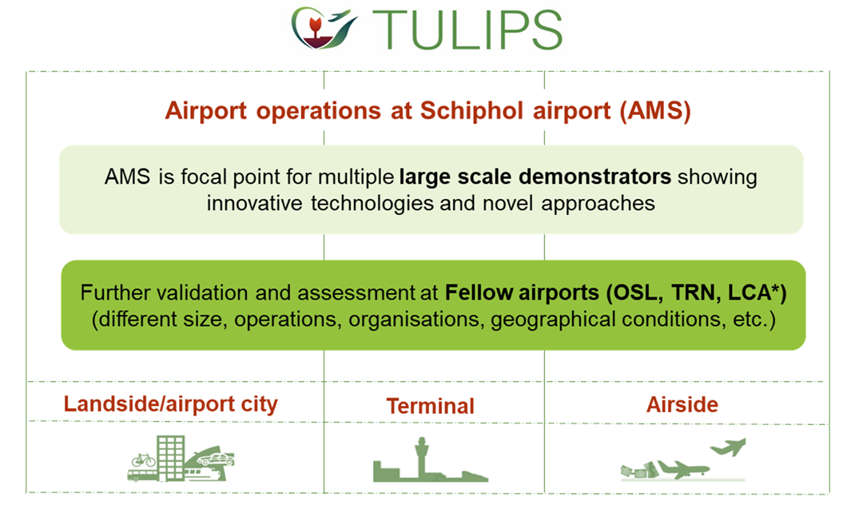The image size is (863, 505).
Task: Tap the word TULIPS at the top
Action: coord(467,30)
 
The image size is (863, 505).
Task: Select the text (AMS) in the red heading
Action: coord(655,111)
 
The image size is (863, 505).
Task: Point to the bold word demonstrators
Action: coord(595,177)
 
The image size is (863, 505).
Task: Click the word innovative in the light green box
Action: coord(254,203)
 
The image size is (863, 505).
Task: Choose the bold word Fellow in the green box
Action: coord(479,292)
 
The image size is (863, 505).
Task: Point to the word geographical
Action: coord(553,320)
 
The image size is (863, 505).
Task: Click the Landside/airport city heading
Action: coord(171,404)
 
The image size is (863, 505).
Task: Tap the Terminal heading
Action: coord(431,406)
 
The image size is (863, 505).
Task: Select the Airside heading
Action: coord(682,405)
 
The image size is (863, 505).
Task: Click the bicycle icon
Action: coord(144,460)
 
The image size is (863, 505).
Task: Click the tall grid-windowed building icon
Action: coord(171,458)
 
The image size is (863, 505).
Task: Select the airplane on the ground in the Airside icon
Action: coord(683,469)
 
